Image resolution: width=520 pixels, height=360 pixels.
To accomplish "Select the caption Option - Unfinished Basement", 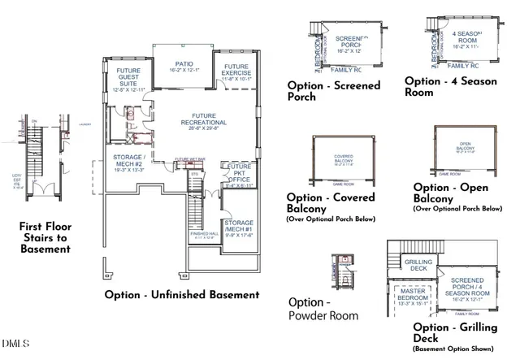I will click(181, 295).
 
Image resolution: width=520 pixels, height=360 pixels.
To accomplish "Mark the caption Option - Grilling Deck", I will click(441, 332).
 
